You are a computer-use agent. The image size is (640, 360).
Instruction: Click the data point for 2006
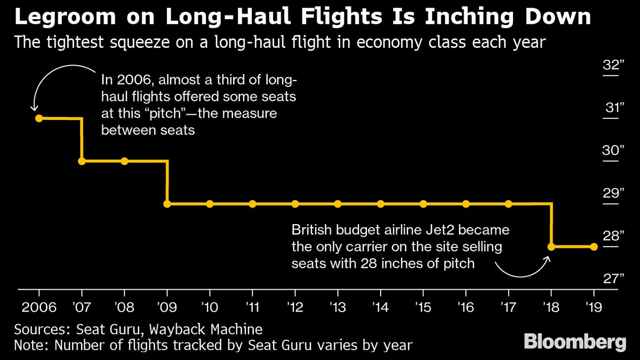(39, 118)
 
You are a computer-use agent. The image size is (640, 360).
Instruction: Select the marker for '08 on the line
(124, 161)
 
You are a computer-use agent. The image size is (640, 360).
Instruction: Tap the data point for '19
(594, 246)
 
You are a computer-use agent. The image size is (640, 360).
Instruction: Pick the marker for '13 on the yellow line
(338, 204)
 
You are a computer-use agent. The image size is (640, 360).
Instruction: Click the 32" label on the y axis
(610, 65)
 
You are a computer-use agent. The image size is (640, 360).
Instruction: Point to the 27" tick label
(610, 278)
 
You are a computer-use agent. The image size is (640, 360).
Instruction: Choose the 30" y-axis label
(610, 150)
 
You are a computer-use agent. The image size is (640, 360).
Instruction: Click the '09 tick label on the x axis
(167, 308)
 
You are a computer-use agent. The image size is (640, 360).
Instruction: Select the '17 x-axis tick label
(508, 308)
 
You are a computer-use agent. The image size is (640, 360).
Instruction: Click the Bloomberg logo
(574, 342)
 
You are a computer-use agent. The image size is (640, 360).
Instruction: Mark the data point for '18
(551, 246)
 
